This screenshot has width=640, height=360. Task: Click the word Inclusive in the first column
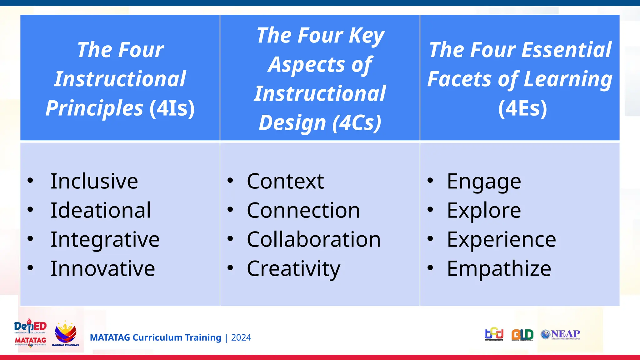[x=94, y=181]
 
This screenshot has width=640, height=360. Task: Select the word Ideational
[x=101, y=210]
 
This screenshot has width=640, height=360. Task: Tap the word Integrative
[x=105, y=240]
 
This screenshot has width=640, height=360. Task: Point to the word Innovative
[x=103, y=269]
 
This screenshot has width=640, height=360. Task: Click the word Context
[x=285, y=181]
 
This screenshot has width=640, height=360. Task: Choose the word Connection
[x=303, y=210]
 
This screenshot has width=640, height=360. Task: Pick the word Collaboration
[x=314, y=240]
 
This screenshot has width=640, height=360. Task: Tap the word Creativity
[x=293, y=269]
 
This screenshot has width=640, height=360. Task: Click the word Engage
[x=484, y=182]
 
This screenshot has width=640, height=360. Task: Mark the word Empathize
[x=499, y=269]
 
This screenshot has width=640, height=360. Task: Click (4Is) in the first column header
[x=172, y=108]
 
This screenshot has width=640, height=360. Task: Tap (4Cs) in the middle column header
[x=357, y=123]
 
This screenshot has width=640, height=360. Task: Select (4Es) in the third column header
[x=522, y=108]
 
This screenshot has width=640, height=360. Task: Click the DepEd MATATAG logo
[x=30, y=333]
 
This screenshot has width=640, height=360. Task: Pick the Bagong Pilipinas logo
[x=65, y=334]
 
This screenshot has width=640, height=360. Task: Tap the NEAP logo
[x=560, y=334]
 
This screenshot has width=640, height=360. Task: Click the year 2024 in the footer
[x=241, y=337]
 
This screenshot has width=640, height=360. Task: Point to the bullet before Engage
[x=430, y=180]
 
